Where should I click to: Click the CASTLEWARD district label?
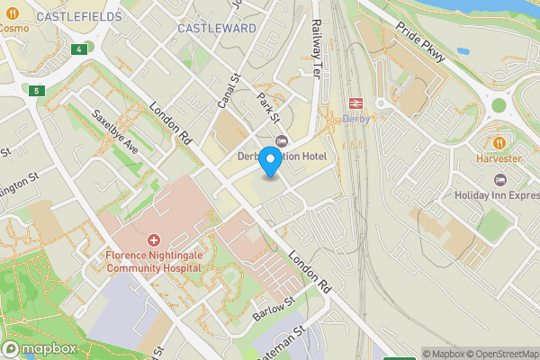pos(217,28)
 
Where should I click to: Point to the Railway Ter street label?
pos(317,49)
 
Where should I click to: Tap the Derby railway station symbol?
pos(355,103)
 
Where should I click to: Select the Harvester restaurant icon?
pos(499,142)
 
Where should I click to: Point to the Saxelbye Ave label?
pos(115,132)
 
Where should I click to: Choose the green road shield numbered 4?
pos(81,48)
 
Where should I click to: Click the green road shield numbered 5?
pos(36,91)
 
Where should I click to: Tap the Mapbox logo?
pos(40,348)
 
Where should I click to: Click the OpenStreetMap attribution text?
pos(504,354)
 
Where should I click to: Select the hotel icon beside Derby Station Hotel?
pos(281,140)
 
